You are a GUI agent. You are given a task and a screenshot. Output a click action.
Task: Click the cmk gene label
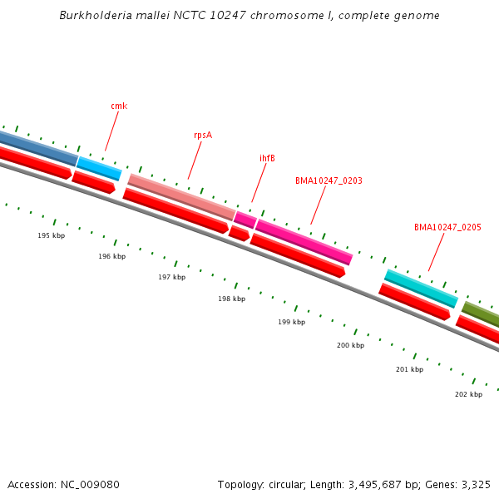pos(119,106)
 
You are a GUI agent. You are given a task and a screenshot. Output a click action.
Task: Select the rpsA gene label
pos(203,135)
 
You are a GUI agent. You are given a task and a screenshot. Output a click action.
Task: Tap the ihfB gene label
pos(267,158)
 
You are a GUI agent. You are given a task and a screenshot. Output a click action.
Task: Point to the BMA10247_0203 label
pos(329,180)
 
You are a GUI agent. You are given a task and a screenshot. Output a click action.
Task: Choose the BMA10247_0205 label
pos(447,227)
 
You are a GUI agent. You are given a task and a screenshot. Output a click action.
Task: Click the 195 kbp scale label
pos(51,235)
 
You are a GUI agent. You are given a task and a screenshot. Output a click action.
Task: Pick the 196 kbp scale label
pos(111,256)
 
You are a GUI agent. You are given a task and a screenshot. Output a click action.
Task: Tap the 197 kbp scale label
pos(171,277)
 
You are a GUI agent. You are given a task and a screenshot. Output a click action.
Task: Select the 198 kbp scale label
pos(231,299)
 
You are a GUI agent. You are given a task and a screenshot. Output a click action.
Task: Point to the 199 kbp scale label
pos(291,322)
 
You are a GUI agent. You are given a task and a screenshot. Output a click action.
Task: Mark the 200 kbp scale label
pos(350,345)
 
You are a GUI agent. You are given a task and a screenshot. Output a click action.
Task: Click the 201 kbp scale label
pos(409,369)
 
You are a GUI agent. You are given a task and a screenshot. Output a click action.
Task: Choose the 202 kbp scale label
pos(468,394)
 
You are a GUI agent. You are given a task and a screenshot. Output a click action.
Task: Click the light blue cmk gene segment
pos(100,168)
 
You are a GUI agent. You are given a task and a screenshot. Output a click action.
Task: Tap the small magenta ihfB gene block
pos(245,220)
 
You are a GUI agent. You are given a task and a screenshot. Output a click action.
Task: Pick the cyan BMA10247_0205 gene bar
pos(421,288)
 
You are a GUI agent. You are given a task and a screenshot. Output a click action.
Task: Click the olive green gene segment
pos(482,314)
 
